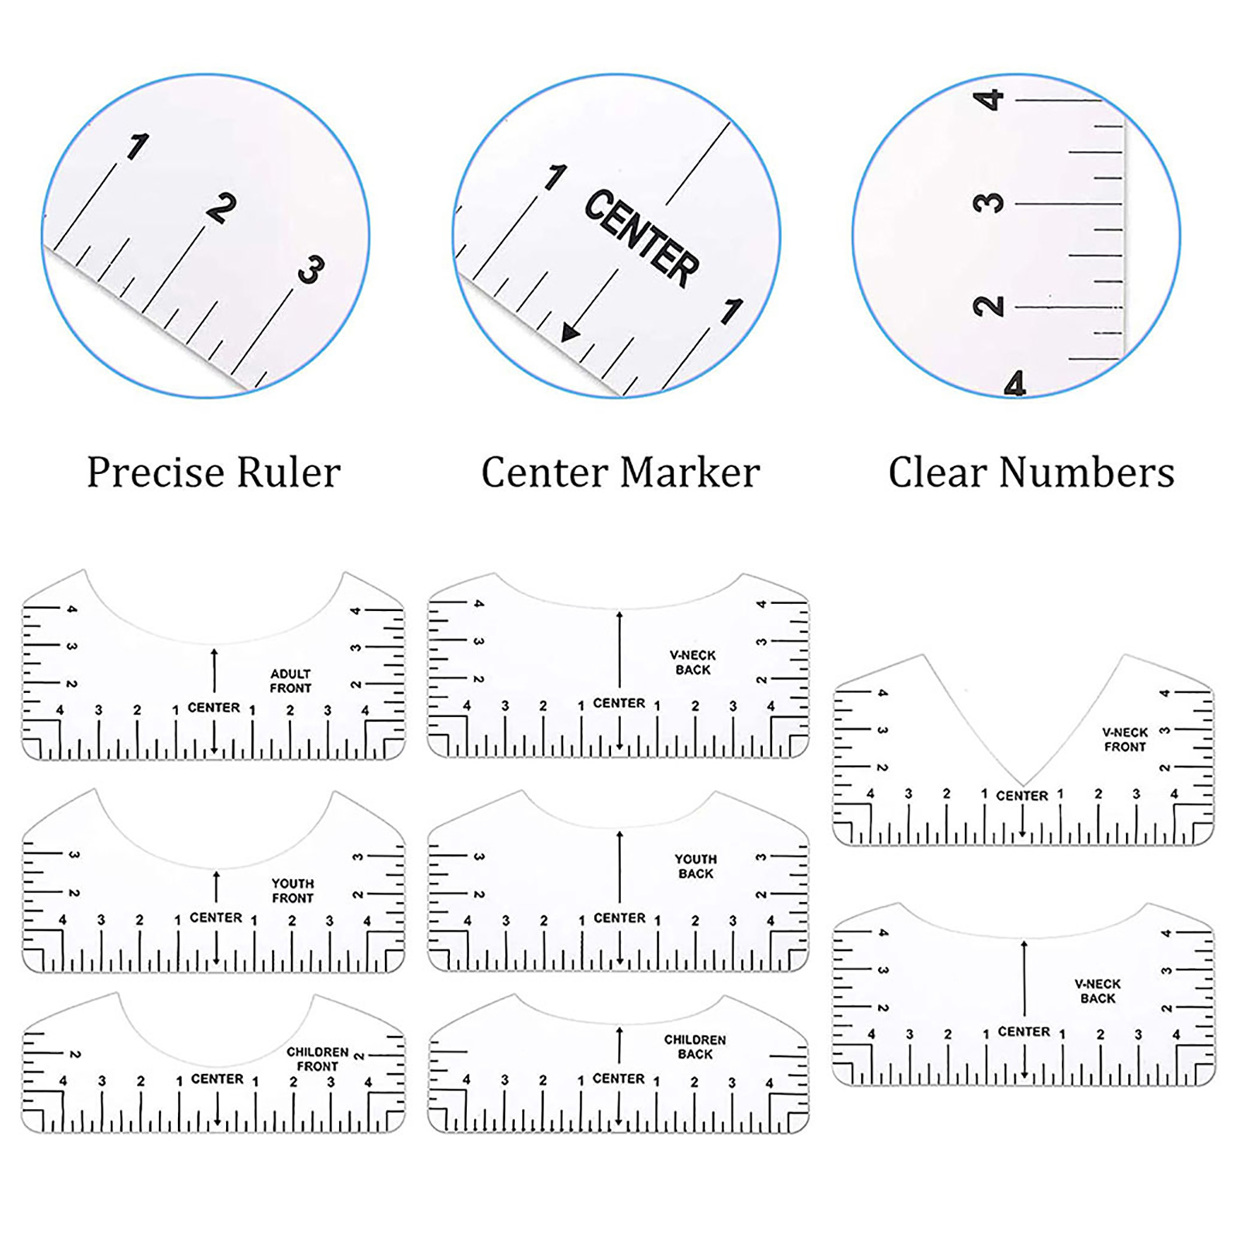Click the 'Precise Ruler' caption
pos(214,472)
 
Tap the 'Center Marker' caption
pos(620,472)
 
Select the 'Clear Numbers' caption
pos(1031,472)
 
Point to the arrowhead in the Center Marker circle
pos(570,332)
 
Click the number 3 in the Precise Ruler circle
pos(311,270)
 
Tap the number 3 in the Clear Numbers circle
pos(988,204)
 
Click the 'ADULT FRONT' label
pos(290,681)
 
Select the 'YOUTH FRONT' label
pos(292,891)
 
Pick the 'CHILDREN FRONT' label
pos(317,1059)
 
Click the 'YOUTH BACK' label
pos(695,867)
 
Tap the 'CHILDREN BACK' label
pos(695,1047)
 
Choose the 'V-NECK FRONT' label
pos(1125,740)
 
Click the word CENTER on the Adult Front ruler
pos(214,708)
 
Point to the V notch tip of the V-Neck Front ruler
pos(1022,785)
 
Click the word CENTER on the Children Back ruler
pos(619,1078)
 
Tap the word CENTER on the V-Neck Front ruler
pos(1022,795)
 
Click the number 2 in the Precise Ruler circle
pos(221,208)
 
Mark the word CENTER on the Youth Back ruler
pos(619,918)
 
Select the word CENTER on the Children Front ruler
pos(218,1079)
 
